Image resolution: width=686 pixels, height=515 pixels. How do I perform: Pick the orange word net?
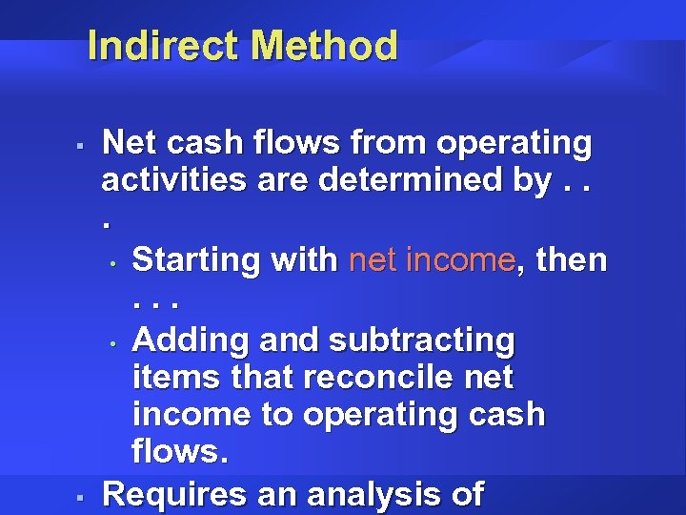[376, 260]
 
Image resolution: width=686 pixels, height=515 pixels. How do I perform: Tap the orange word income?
[462, 260]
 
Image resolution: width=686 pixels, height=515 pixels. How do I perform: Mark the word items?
[169, 379]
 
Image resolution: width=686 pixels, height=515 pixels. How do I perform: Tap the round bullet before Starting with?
[112, 262]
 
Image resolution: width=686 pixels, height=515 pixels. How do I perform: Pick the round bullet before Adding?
[112, 341]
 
